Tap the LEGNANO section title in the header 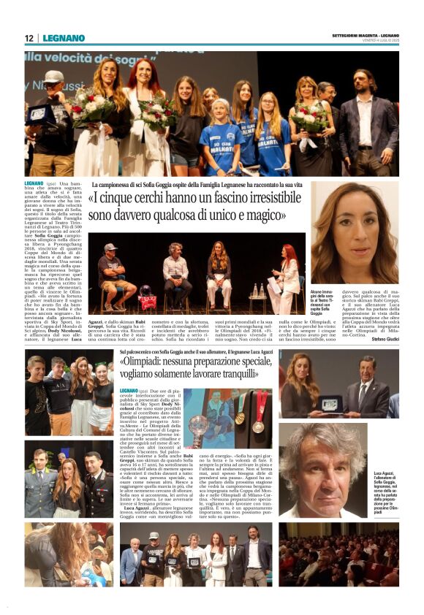[x=64, y=38]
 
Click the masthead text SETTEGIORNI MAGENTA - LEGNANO [x=365, y=36]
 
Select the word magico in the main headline [x=265, y=215]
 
